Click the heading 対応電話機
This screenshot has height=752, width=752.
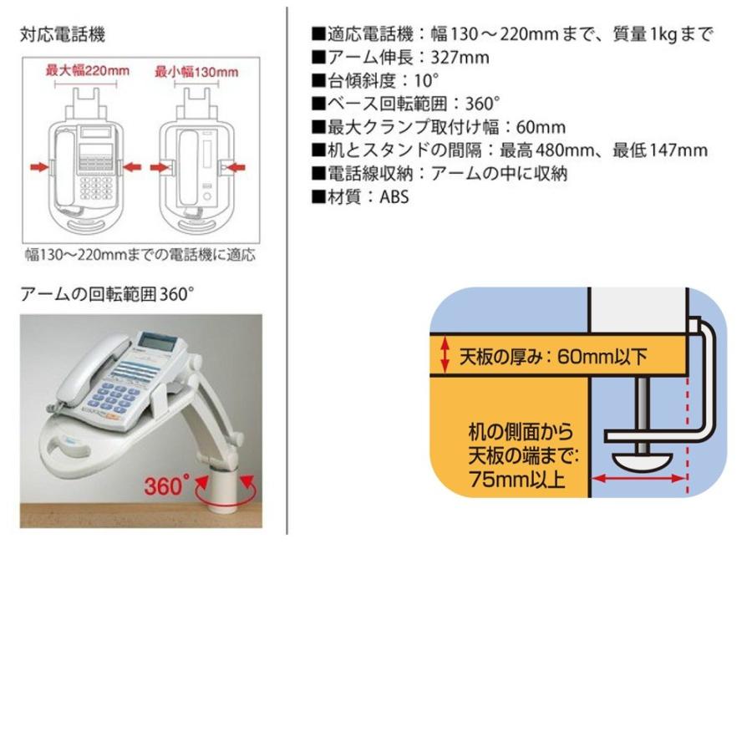pos(63,36)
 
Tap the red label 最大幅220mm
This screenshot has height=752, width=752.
pos(87,71)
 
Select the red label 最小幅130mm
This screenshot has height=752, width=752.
pos(196,72)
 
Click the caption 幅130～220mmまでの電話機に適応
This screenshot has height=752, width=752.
pos(139,255)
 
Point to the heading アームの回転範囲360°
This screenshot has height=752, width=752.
pos(107,294)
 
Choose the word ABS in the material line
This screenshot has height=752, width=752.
pos(394,198)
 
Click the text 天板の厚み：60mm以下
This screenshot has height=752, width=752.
pos(553,358)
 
